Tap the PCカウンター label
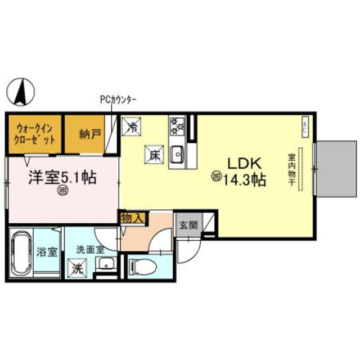point(119,100)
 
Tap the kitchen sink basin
point(178,152)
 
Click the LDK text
point(242,163)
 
